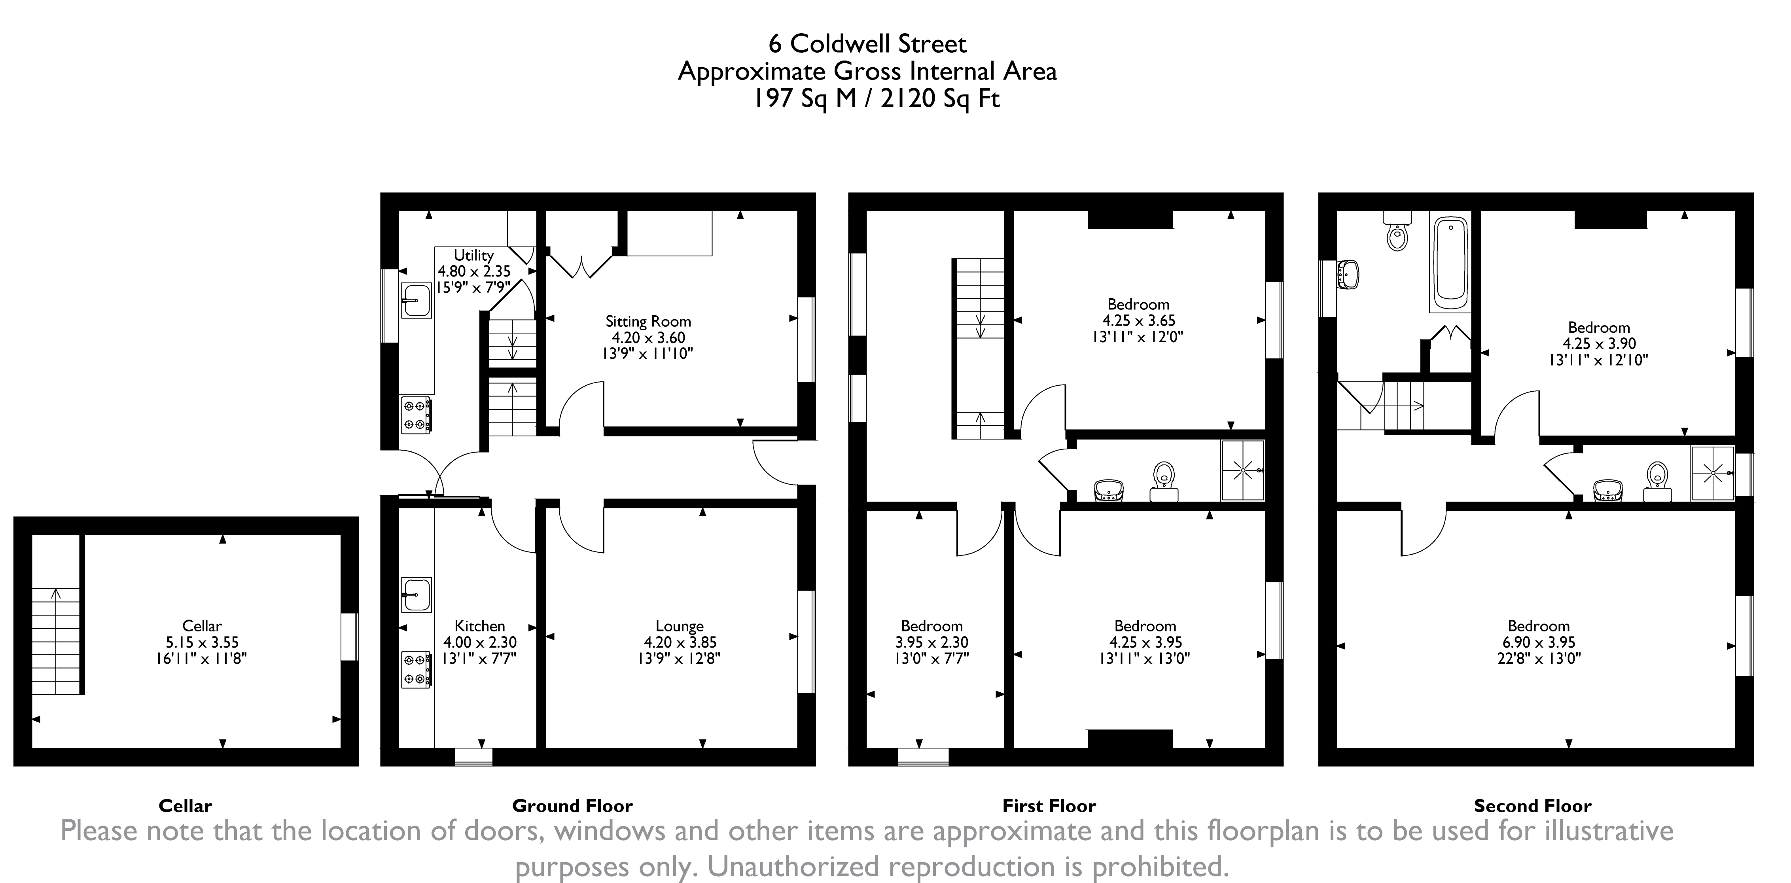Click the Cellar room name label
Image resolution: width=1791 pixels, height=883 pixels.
coord(202,626)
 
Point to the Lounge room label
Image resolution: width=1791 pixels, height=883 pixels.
coord(679,626)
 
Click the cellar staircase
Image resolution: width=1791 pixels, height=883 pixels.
coord(56,640)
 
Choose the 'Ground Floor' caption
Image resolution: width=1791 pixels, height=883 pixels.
coord(572,806)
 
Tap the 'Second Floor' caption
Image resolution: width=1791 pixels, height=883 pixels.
coord(1532,806)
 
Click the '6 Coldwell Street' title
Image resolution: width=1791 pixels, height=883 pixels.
coord(867,44)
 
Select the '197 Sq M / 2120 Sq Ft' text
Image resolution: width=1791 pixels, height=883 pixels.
coord(877,99)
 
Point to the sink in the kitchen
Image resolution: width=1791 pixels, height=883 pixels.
coord(417,595)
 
